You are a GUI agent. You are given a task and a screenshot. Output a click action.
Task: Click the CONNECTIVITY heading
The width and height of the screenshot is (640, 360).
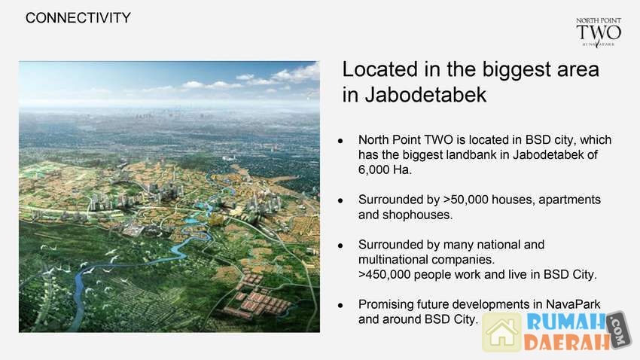pos(78,18)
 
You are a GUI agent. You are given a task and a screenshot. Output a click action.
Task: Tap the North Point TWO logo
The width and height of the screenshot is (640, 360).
pos(599,32)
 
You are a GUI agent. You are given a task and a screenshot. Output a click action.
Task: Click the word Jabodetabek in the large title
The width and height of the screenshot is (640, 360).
pos(425,95)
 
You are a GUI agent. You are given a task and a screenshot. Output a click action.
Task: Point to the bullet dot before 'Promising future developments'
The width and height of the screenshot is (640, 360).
pos(340,305)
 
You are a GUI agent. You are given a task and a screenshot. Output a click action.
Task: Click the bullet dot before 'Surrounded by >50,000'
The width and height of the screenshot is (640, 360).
pos(340,200)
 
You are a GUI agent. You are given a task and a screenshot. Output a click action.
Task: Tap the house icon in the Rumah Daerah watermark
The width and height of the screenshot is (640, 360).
pos(502,332)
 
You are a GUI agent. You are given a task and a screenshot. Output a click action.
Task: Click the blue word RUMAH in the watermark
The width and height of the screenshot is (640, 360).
pos(566,322)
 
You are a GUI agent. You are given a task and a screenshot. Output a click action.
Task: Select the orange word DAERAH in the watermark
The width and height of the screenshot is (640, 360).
pos(567,343)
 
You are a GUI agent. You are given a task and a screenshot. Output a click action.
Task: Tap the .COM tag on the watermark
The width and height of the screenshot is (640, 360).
pos(619,330)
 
